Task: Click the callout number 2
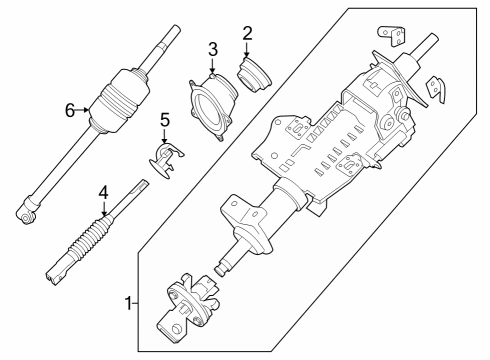click(x=247, y=32)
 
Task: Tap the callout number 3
click(x=212, y=50)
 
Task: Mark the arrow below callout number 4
click(x=103, y=209)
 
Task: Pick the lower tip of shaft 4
click(x=51, y=272)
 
